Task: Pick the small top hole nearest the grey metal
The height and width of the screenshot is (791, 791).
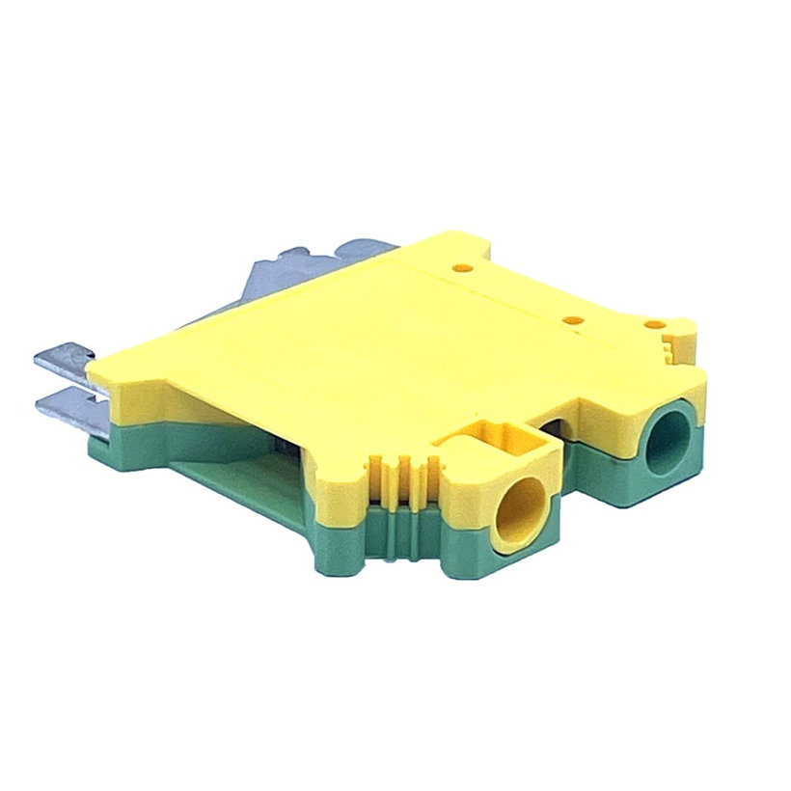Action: [x=461, y=260]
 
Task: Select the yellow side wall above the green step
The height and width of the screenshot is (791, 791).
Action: [x=183, y=405]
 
